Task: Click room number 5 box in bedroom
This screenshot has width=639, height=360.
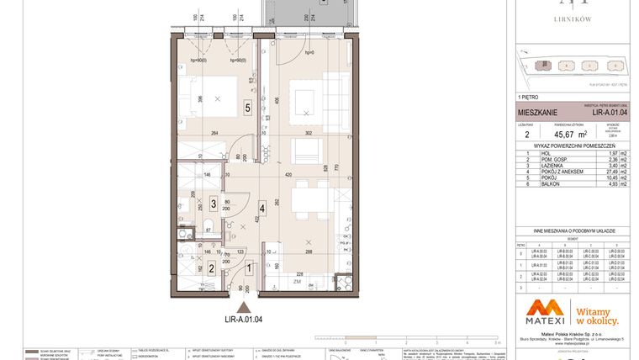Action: point(247,107)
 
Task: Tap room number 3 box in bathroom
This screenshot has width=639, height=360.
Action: point(214,204)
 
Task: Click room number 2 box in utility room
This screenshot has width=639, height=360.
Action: point(212,267)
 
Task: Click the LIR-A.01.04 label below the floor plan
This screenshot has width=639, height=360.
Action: point(243,319)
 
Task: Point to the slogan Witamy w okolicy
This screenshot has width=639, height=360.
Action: point(597,315)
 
